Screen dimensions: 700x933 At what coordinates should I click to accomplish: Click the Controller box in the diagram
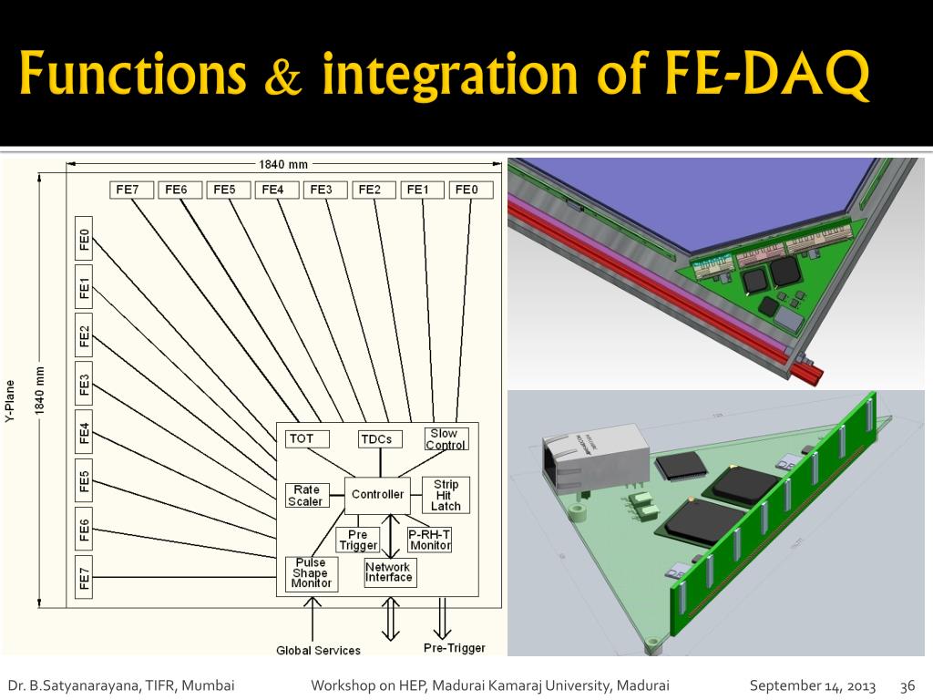[x=377, y=494]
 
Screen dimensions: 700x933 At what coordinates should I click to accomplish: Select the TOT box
[x=302, y=438]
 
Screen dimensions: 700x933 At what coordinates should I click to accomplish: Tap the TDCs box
[x=376, y=438]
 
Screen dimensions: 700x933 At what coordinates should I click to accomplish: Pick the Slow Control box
[x=445, y=438]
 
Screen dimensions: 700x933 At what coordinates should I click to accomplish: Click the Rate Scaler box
[x=305, y=496]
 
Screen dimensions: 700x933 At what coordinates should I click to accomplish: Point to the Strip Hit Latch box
[x=446, y=495]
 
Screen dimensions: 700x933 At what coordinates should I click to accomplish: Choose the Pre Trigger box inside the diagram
[x=358, y=540]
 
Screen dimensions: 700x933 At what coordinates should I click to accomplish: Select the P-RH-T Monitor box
[x=429, y=539]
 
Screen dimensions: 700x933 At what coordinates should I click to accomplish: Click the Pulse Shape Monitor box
[x=311, y=573]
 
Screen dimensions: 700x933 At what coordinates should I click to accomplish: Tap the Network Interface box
[x=389, y=571]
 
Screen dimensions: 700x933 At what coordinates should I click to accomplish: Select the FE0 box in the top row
[x=470, y=190]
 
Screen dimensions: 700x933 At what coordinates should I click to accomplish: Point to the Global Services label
[x=318, y=650]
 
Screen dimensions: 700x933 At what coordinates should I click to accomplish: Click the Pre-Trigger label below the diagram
[x=454, y=648]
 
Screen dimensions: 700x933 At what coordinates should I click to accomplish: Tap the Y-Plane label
[x=10, y=401]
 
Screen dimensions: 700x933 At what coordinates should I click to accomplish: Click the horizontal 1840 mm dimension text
[x=283, y=165]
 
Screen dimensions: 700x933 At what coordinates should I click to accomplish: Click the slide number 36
[x=907, y=685]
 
